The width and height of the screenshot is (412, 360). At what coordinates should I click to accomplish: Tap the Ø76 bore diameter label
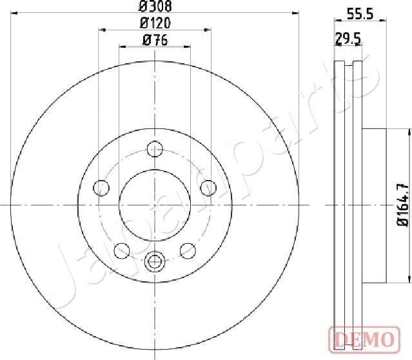pos(155,40)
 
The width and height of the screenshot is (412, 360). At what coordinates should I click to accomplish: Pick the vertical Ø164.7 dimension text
pos(403,205)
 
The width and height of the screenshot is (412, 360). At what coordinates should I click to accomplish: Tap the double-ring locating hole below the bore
pos(155,261)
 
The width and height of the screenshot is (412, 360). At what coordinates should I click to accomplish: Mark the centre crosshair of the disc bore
pos(155,205)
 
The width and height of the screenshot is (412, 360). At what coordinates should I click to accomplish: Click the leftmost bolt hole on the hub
pos(101,188)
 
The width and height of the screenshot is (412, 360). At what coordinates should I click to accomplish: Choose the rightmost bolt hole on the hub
pos(208,188)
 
